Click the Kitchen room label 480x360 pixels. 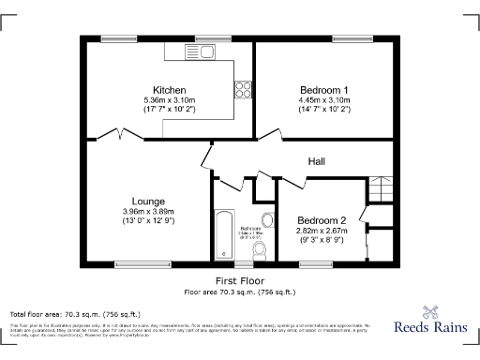point(169,90)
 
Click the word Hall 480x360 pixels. point(317,162)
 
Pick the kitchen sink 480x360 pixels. point(178,53)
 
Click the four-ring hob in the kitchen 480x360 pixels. point(243,90)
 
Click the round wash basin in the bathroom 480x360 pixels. point(266,222)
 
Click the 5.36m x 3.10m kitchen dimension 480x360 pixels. point(169,100)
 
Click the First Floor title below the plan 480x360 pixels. point(239,281)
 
